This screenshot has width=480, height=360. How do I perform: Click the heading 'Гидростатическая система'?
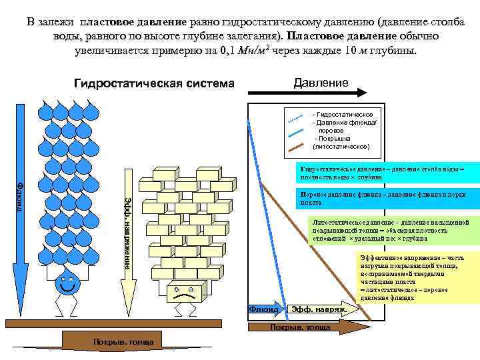pos(155,84)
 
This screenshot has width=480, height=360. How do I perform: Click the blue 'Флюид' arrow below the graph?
pos(265,310)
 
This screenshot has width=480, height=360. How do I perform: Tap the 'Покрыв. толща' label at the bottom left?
pos(123,342)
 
